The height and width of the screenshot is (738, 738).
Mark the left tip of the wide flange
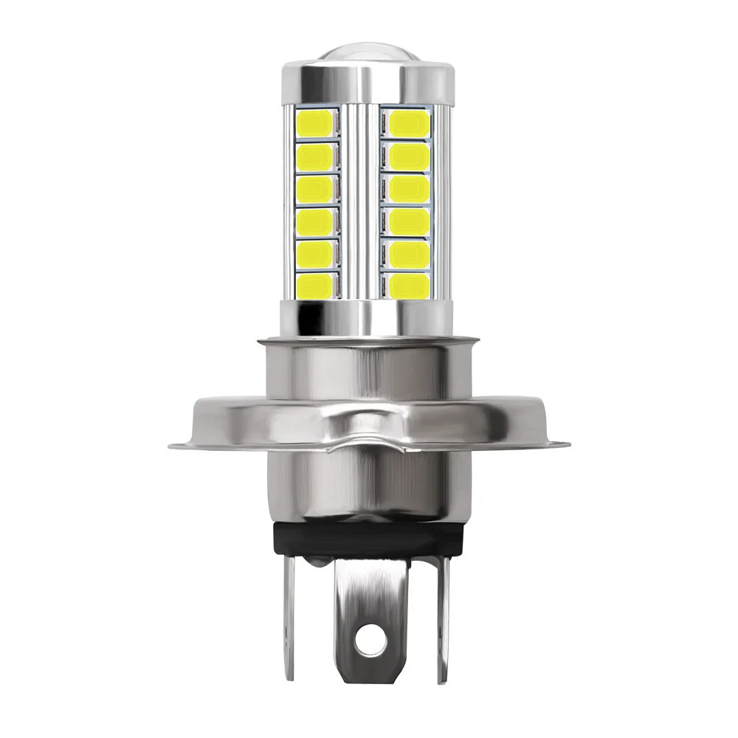pyautogui.click(x=173, y=445)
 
